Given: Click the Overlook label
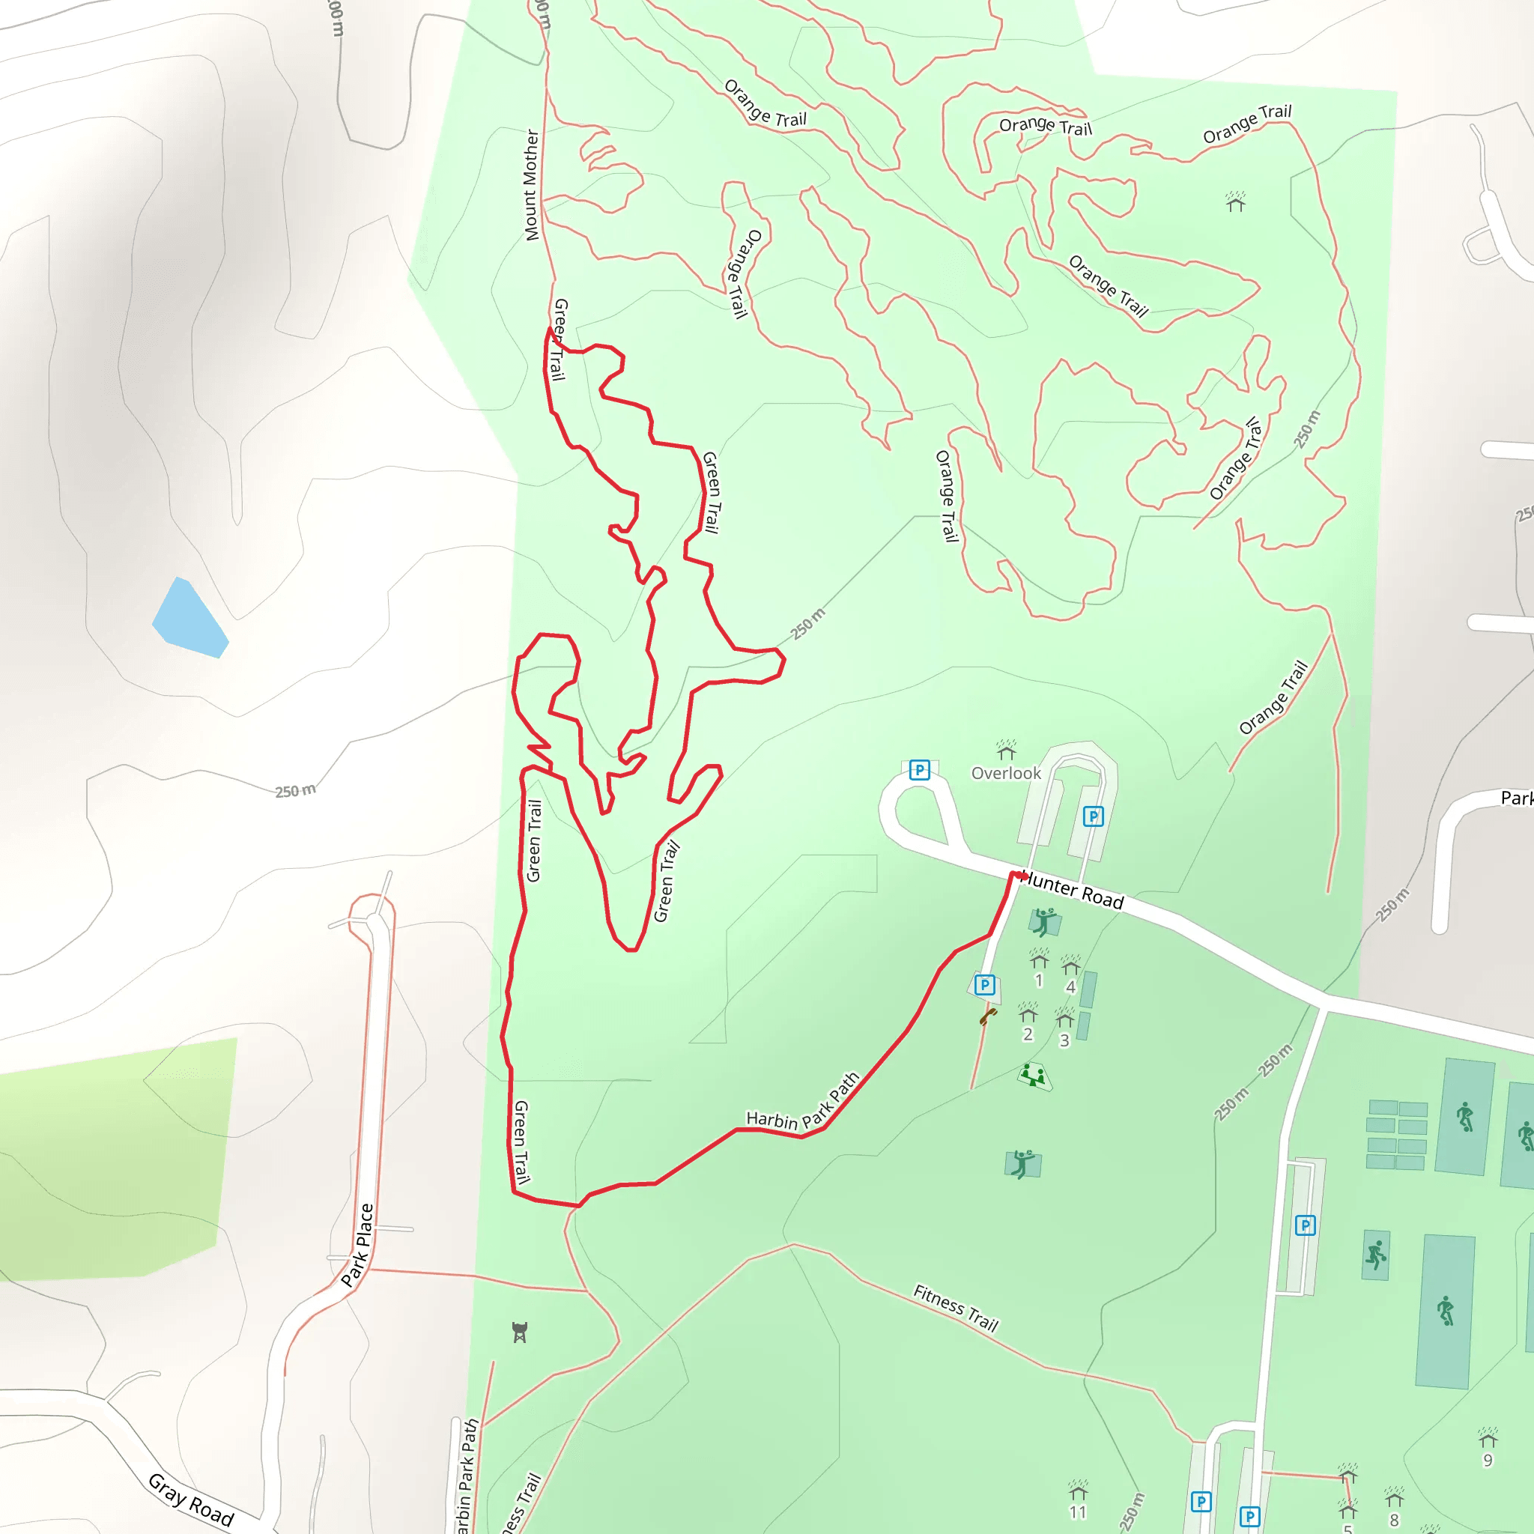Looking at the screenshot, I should pos(1006,772).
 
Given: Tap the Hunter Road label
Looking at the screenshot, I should pos(1072,891).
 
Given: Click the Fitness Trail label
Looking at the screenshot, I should pos(955,1307).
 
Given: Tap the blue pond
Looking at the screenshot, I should pos(189,619).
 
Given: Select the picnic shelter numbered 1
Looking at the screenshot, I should pos(1039,960).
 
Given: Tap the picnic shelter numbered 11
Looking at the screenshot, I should pos(1076,1486).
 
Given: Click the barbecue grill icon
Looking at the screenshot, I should pos(519,1332).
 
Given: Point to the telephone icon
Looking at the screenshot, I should pos(988,1016).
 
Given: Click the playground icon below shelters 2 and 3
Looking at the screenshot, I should pos(1033,1076).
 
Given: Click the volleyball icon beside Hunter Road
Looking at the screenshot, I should pos(1044,922).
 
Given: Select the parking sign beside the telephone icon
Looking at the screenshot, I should pos(984,984).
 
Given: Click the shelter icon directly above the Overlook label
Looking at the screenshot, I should pos(1006,749).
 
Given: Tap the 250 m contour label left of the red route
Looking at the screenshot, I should pos(295,791).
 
